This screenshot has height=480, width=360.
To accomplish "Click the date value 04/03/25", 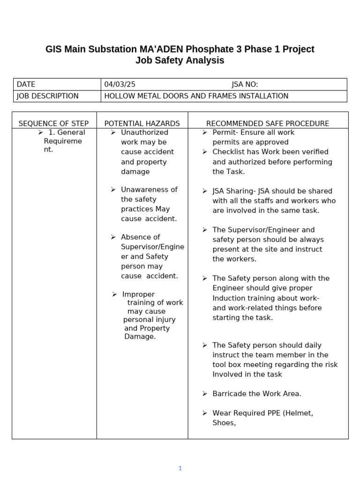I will [x=120, y=84].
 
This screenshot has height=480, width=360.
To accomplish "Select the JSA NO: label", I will [x=245, y=84].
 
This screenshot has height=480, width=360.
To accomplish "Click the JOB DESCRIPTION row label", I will [x=47, y=96].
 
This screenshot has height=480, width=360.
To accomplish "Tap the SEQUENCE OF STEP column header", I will [x=53, y=124].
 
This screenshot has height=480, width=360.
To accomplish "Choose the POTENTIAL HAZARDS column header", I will [x=142, y=124].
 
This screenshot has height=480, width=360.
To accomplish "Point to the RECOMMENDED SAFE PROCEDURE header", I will [x=268, y=124].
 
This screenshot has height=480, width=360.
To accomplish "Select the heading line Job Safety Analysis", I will [x=180, y=60].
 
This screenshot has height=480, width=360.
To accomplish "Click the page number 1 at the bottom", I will [x=180, y=468].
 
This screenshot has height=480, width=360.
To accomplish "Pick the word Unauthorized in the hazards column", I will [x=144, y=132].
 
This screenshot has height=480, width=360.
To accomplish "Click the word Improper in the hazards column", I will [x=138, y=294].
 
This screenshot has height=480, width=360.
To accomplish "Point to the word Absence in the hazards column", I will [x=135, y=237].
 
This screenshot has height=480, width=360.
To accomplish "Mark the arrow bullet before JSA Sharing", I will [x=205, y=191].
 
